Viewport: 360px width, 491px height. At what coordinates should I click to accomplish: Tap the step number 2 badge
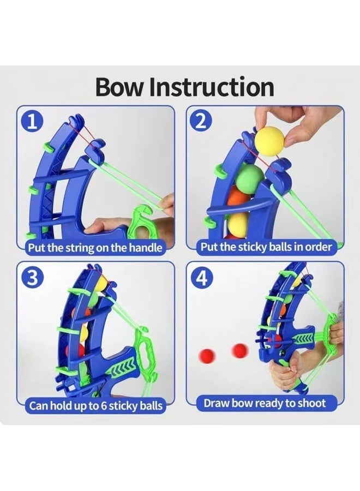201,122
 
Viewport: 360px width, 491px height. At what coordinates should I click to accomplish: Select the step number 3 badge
31,278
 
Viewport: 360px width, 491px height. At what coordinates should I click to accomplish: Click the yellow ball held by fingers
270,140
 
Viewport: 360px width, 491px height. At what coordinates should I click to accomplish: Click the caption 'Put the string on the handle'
95,248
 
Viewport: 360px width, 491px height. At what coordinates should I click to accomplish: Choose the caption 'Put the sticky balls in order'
266,247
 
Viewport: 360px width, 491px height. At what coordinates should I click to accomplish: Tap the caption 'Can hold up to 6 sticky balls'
96,406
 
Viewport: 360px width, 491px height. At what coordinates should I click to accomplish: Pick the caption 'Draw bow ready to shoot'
265,403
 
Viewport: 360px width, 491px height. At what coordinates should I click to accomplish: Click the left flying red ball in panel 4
207,356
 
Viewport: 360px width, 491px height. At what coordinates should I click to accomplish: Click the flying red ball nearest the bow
241,351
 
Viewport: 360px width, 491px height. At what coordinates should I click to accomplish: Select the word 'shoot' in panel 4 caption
311,403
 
